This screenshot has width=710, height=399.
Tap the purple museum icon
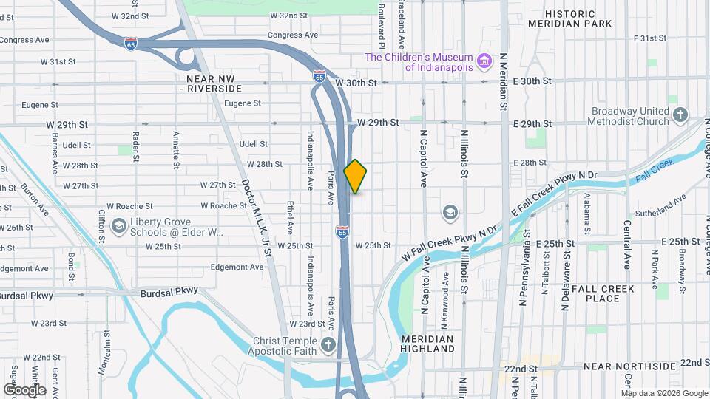(485, 60)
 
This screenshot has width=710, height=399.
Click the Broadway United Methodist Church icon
(680, 115)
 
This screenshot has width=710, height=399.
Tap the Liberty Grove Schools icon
(118, 226)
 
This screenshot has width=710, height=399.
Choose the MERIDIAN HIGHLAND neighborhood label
(427, 343)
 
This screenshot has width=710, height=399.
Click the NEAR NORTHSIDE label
(630, 366)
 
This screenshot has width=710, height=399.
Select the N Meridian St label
(502, 81)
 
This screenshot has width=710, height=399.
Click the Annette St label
(175, 147)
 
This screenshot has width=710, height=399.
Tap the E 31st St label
(651, 38)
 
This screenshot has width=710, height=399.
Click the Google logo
(24, 389)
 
